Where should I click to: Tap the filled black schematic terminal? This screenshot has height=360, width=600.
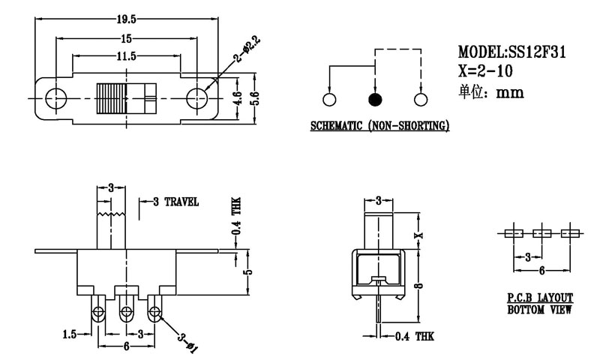pyautogui.click(x=374, y=100)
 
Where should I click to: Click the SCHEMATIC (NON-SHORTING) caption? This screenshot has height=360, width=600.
pyautogui.click(x=379, y=125)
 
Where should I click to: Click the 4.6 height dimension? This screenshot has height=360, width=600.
pyautogui.click(x=236, y=97)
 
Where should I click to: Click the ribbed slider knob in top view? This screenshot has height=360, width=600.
pyautogui.click(x=125, y=97)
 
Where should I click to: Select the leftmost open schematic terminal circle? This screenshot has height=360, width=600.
pyautogui.click(x=328, y=100)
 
